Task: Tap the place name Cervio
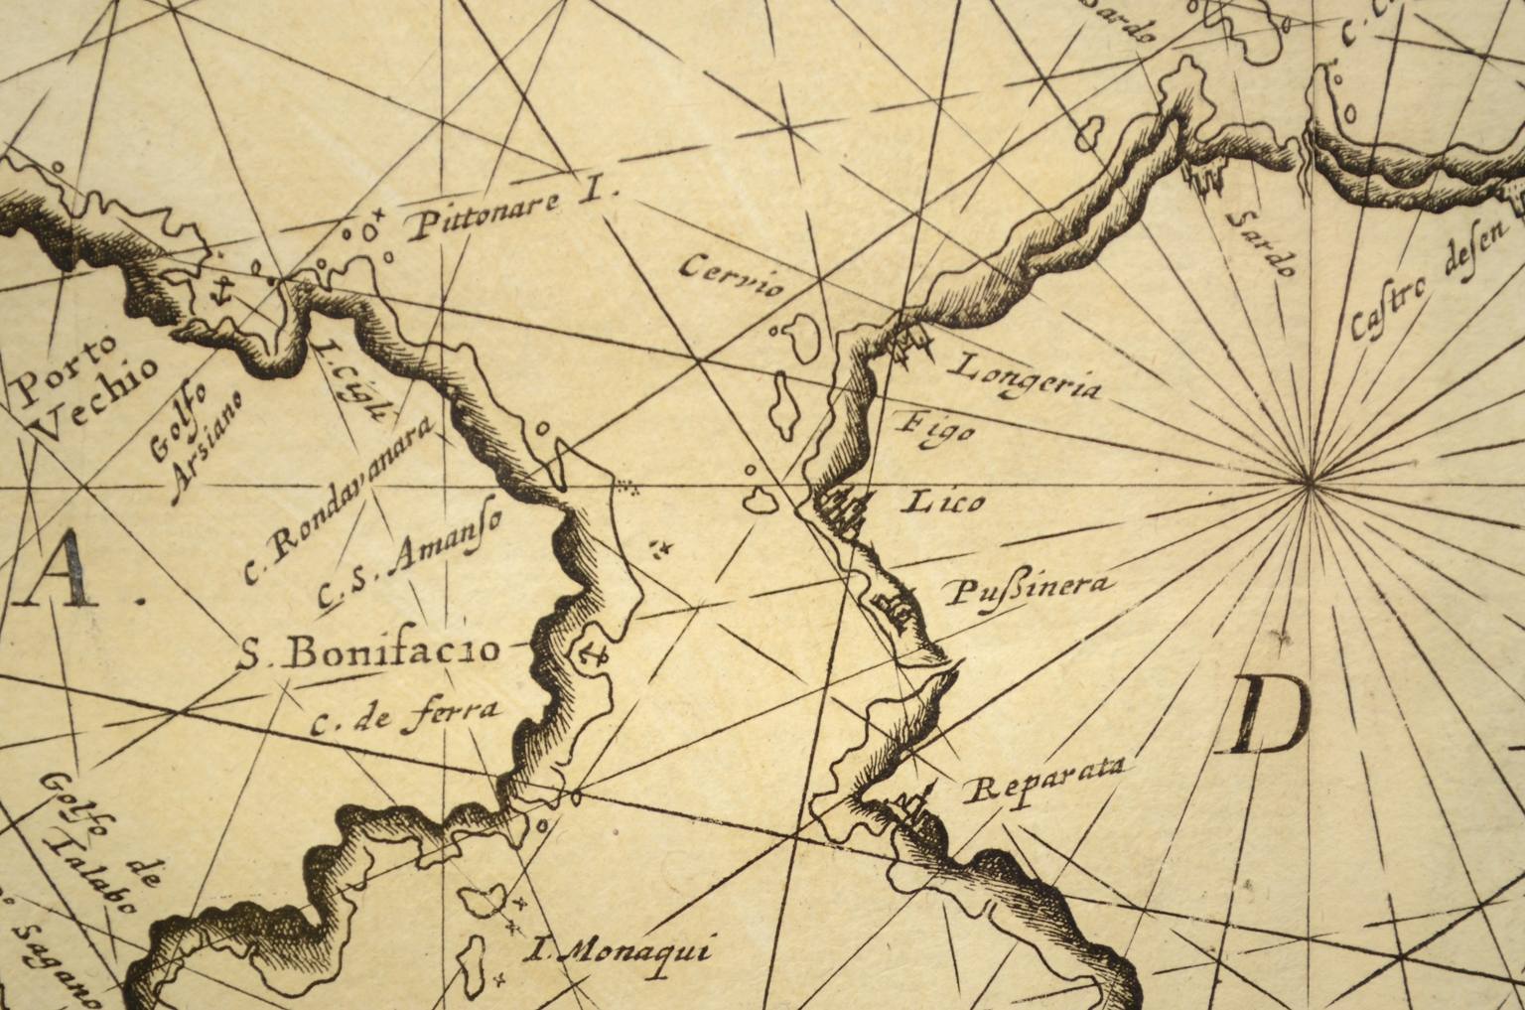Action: [734, 276]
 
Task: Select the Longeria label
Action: [1025, 376]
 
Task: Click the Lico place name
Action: [942, 502]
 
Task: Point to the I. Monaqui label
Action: [619, 952]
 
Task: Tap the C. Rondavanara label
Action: [338, 503]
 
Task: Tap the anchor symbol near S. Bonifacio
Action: [593, 653]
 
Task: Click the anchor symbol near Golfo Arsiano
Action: [223, 291]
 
